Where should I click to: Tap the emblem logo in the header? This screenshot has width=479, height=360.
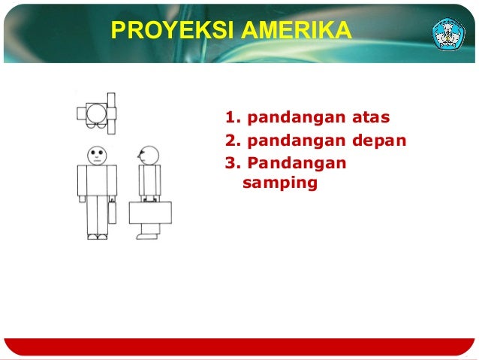pos(447,31)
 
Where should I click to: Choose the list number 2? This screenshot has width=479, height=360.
pos(231,141)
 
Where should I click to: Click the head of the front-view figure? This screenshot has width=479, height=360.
pos(98,155)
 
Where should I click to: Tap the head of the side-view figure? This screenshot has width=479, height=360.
pos(149,156)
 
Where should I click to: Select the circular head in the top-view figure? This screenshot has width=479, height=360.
pos(97,113)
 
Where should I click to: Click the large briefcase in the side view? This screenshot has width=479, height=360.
pos(150,213)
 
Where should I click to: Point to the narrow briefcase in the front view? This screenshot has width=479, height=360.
pos(112,211)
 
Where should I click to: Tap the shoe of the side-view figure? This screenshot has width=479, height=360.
pos(147,236)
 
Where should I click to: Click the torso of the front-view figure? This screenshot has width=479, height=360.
pos(98,180)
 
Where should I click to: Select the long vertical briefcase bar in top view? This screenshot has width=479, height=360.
pos(111,113)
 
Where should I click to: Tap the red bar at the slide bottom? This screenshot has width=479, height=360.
pos(239,346)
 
